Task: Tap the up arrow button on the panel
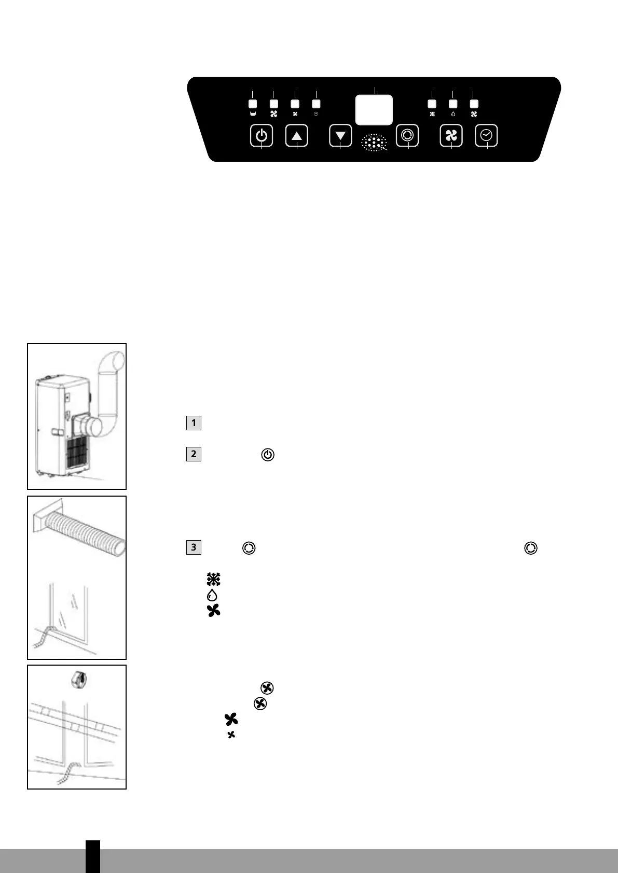(297, 136)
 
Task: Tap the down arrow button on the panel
(340, 136)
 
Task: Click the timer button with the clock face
(487, 136)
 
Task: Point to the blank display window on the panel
(374, 110)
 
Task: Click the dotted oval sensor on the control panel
(374, 143)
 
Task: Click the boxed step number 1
(194, 423)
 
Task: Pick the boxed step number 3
(194, 547)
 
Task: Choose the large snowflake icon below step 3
(213, 579)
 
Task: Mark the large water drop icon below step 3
(212, 595)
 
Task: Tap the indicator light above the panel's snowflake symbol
(432, 104)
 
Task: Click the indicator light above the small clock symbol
(316, 104)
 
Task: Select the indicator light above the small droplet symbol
(453, 104)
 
